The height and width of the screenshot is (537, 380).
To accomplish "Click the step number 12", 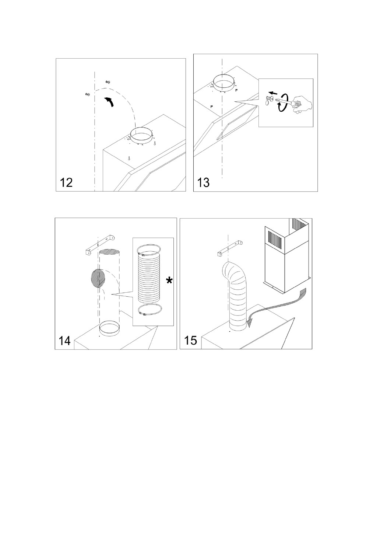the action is (66, 182).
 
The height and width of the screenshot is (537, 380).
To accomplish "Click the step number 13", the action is (204, 182).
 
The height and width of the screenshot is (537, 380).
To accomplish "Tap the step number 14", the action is (64, 341).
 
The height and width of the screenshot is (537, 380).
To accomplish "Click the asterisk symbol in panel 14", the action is (169, 282).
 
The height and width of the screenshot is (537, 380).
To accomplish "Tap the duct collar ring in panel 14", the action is (109, 328).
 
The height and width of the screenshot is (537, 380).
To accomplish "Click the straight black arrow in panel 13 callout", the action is (272, 93).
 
